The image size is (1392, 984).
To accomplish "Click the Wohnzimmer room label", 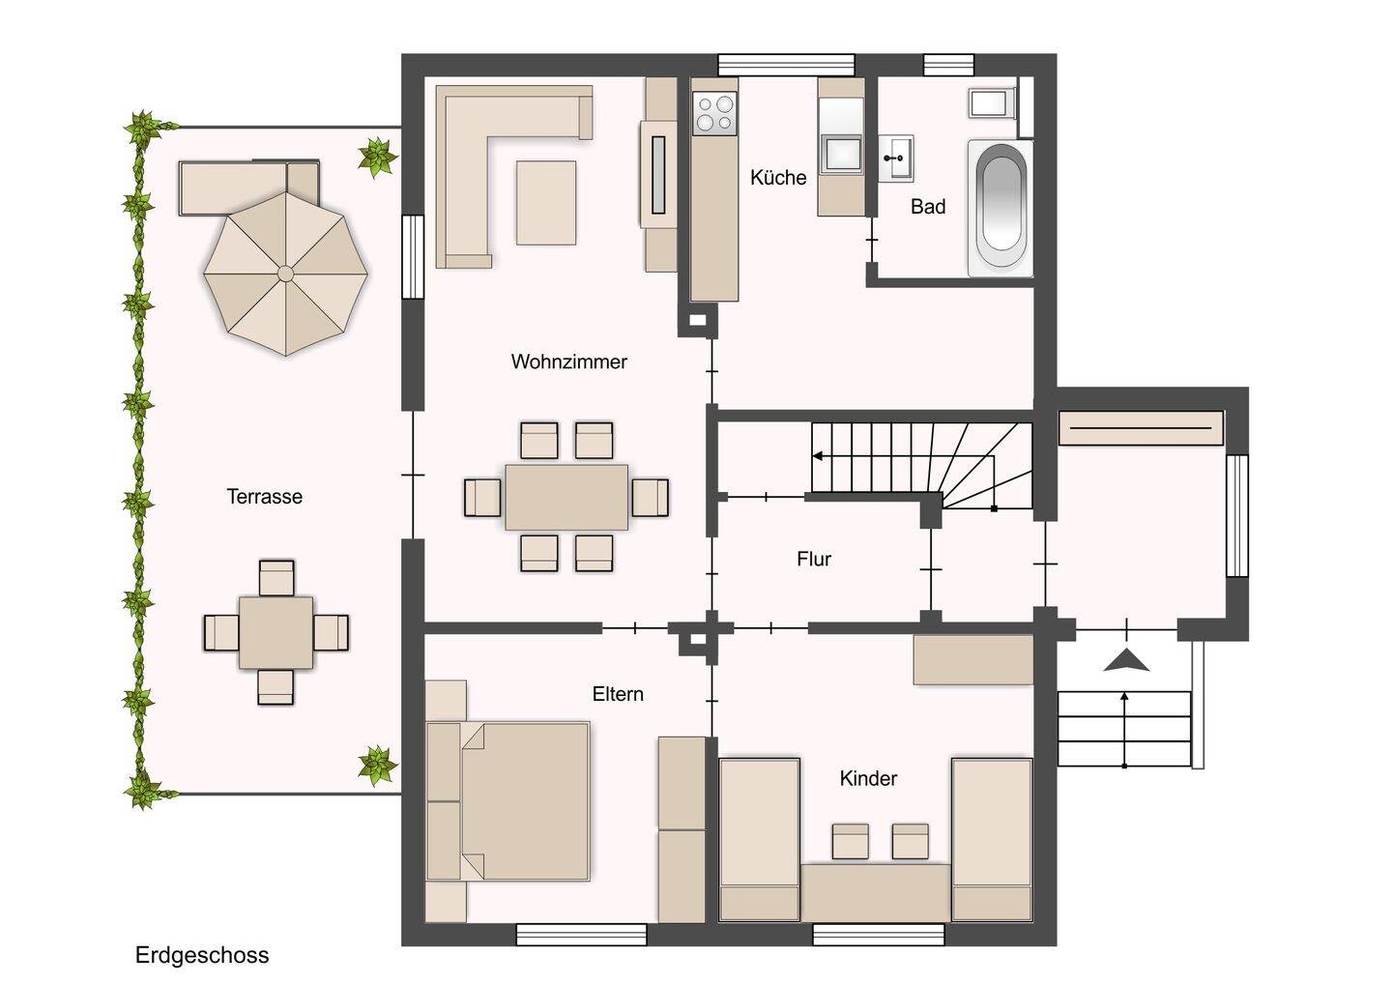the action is coord(568,362).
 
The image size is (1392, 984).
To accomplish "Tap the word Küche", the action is coord(778,178).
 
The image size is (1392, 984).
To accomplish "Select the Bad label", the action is coord(928,207).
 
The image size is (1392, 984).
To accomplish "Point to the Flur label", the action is coord(814,559).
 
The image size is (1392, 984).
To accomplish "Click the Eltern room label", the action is coord(618,694).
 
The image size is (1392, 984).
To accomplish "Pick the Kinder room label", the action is coord(868,778).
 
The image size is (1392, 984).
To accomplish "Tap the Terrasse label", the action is coord(264,496).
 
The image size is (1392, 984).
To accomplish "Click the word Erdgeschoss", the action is coord(202,955).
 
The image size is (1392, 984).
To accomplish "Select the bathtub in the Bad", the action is coord(1000,207).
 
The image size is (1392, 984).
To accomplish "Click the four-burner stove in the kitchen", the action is coord(714,113).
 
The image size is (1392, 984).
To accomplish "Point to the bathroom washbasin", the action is coord(895,159).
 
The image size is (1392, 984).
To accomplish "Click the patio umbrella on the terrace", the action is coord(286,274).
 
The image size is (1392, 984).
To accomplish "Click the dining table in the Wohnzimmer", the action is coord(566,497).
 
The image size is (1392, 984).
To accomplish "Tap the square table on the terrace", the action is coord(275,632).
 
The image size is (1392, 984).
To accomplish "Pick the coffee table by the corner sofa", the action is coord(545,203).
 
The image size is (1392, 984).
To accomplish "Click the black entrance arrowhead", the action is coord(1126,660).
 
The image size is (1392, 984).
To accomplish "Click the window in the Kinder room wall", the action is coord(879,935).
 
